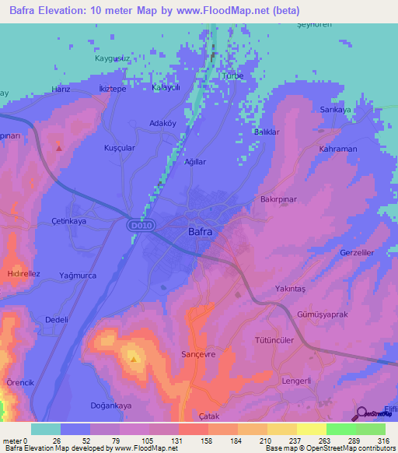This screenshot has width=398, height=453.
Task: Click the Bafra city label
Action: pos(201,231)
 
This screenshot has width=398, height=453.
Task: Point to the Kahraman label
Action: pos(337,149)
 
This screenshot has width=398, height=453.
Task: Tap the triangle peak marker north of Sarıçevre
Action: pos(134,359)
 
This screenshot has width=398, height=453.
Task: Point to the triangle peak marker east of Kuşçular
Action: pos(59,145)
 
